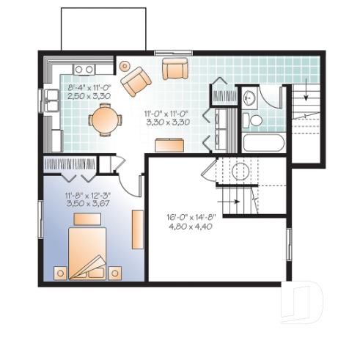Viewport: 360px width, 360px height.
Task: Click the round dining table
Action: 106,120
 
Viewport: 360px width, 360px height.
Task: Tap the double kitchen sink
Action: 83,70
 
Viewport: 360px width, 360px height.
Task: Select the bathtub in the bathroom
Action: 262,142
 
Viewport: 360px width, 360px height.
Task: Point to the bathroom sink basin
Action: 249,96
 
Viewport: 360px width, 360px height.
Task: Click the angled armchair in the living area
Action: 136,81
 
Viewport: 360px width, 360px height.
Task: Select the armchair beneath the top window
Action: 175,70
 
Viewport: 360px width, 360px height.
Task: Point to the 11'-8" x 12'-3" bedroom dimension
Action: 87,196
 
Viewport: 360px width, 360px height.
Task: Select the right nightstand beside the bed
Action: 115,273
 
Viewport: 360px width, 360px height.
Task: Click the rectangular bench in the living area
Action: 168,145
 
